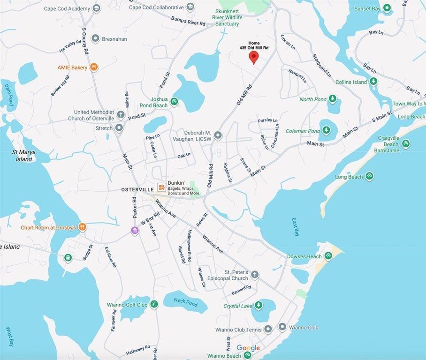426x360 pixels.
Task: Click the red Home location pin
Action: click(253, 57)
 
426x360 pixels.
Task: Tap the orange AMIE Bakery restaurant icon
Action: click(94, 67)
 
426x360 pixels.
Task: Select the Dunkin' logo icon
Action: click(161, 187)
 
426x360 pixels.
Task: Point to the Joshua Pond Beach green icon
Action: click(174, 101)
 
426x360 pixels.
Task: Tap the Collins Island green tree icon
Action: click(373, 82)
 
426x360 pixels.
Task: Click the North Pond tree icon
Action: click(333, 99)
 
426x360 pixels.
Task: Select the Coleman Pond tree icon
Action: click(327, 130)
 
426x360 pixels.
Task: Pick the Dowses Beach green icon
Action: click(328, 256)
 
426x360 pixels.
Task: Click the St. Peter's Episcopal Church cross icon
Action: click(255, 275)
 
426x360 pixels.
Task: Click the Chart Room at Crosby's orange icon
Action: click(83, 227)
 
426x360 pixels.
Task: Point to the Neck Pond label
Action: click(186, 303)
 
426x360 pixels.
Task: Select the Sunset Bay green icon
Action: click(387, 8)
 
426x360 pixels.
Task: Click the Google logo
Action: click(248, 348)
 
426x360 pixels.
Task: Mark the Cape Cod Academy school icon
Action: click(97, 8)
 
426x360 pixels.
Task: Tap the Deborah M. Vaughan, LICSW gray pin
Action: click(218, 136)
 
